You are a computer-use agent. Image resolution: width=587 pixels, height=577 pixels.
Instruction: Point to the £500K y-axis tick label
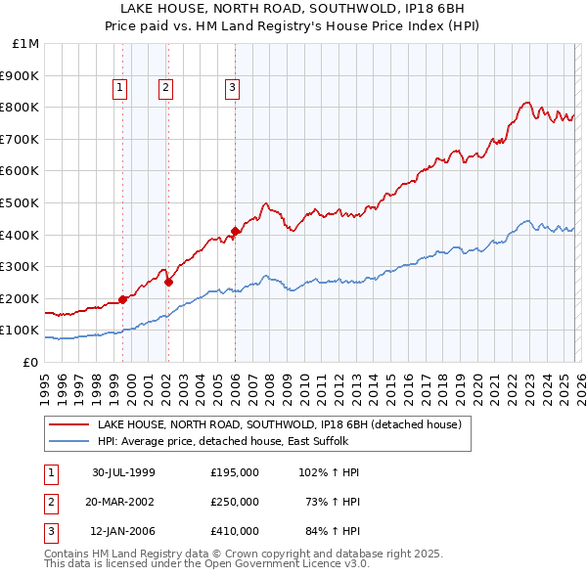pyautogui.click(x=22, y=202)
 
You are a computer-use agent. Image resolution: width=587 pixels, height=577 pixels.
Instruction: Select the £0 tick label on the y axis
pyautogui.click(x=30, y=362)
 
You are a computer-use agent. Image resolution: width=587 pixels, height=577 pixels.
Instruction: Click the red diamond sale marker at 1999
pyautogui.click(x=123, y=299)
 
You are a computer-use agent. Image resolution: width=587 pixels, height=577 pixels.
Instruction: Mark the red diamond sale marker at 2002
pyautogui.click(x=168, y=282)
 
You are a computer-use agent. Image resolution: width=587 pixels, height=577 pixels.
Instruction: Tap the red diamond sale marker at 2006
pyautogui.click(x=235, y=232)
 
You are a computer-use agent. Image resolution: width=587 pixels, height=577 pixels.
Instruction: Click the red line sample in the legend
pyautogui.click(x=68, y=425)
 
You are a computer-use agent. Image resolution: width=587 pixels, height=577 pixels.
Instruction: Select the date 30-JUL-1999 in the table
pyautogui.click(x=123, y=472)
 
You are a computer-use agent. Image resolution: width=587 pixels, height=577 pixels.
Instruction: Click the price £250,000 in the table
pyautogui.click(x=235, y=502)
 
